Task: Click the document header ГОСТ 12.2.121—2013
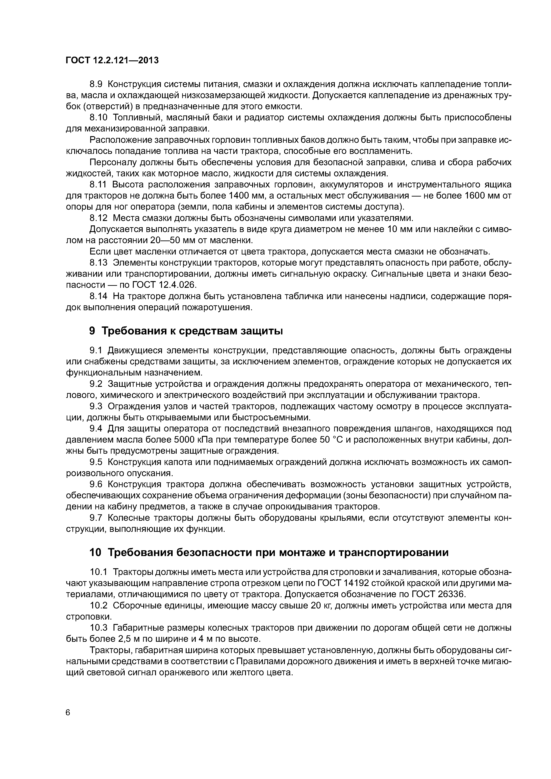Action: (x=112, y=60)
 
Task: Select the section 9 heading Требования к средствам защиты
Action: (x=186, y=331)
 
